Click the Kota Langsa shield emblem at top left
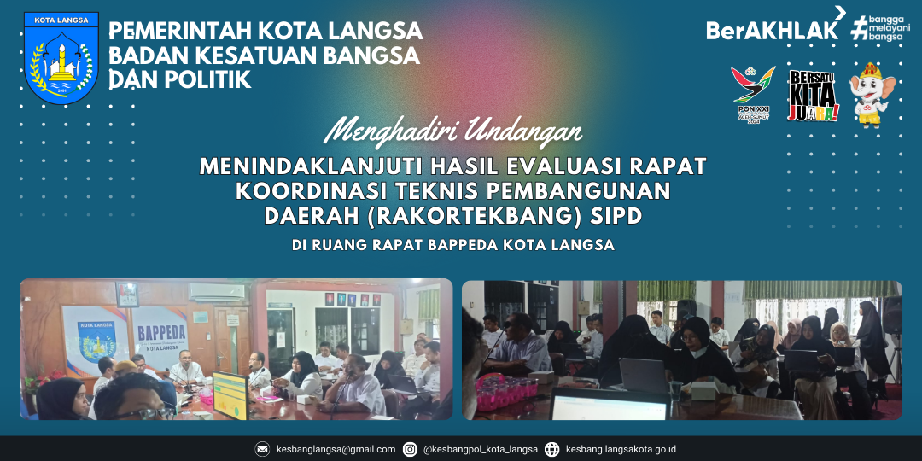[x=61, y=58]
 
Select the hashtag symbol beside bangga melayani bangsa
[x=859, y=29]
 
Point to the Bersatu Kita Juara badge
[x=812, y=96]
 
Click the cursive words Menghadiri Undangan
[x=454, y=133]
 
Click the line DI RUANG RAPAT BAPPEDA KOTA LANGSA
[x=453, y=246]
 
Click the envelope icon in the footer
[x=262, y=449]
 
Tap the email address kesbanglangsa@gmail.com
[x=336, y=449]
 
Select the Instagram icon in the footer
[x=410, y=449]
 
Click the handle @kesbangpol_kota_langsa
[x=481, y=449]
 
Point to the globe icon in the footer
[x=551, y=449]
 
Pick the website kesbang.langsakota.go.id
[x=621, y=449]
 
